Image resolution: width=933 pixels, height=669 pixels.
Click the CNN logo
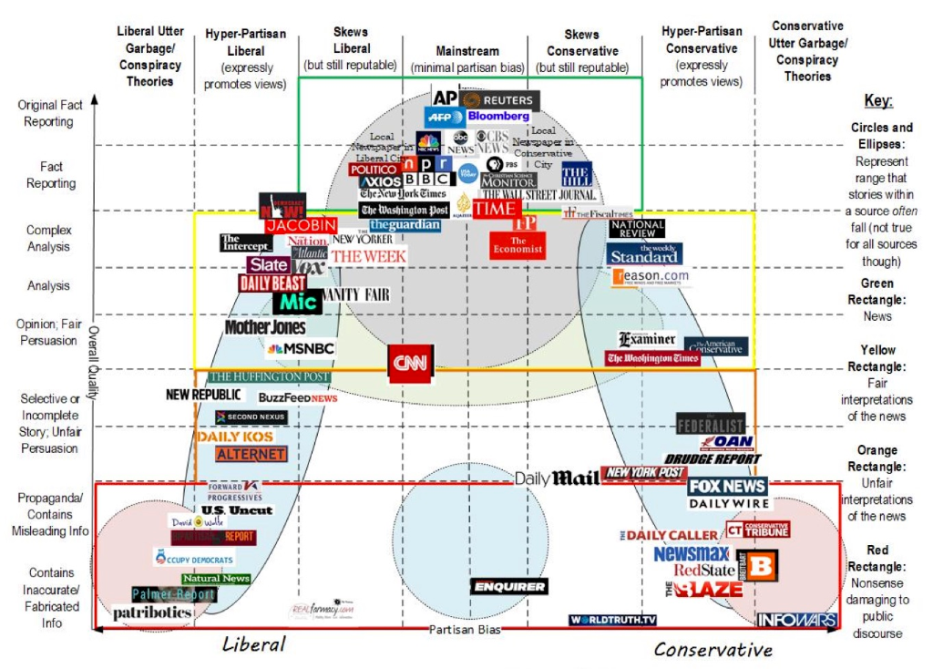pyautogui.click(x=412, y=363)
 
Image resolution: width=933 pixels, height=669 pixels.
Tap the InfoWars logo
pyautogui.click(x=796, y=621)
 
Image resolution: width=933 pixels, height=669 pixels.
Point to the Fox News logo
pyautogui.click(x=727, y=486)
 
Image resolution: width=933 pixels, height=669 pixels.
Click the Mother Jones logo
pyautogui.click(x=265, y=327)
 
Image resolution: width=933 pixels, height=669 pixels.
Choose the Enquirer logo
pyautogui.click(x=509, y=587)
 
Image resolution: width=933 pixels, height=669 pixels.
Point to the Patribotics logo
pyautogui.click(x=152, y=613)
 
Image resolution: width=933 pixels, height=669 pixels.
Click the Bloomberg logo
pyautogui.click(x=498, y=117)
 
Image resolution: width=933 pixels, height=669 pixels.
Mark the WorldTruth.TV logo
pyautogui.click(x=613, y=621)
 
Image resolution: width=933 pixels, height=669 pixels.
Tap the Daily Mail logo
pyautogui.click(x=557, y=478)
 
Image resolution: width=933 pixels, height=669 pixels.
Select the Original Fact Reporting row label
pyautogui.click(x=50, y=113)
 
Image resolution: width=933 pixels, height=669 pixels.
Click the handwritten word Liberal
pyautogui.click(x=254, y=644)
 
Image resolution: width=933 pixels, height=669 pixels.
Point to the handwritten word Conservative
pyautogui.click(x=713, y=649)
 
